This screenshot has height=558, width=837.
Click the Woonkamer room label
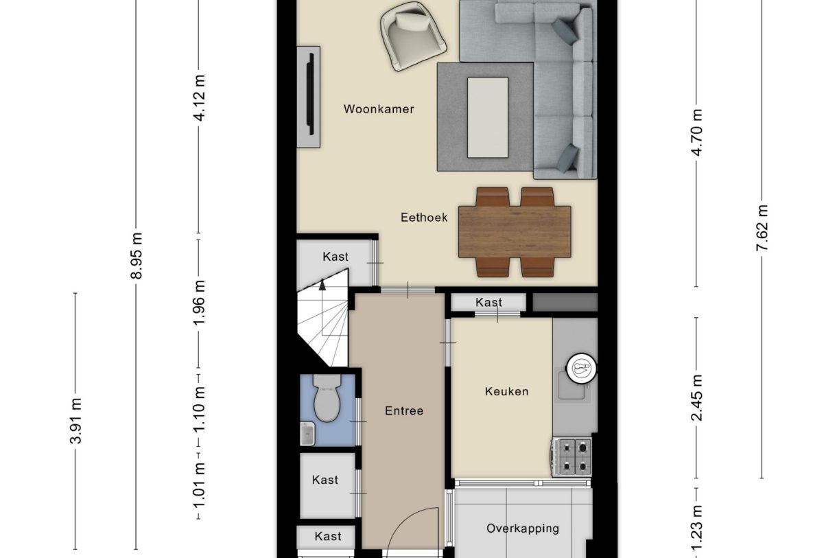379,109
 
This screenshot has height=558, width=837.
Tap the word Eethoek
424,218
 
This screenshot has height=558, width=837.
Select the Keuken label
506,391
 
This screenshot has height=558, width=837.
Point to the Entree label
404,411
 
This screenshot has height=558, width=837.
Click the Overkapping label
522,528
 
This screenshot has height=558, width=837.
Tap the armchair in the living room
412,35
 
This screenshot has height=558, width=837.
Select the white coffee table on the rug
488,117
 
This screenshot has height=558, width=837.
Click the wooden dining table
515,232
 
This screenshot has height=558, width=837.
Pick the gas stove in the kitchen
571,457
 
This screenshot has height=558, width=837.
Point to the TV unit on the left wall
309,96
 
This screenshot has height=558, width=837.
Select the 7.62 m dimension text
762,228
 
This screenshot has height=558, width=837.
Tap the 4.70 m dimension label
698,132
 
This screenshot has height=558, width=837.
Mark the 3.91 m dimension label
76,421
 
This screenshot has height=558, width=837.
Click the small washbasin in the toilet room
307,433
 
